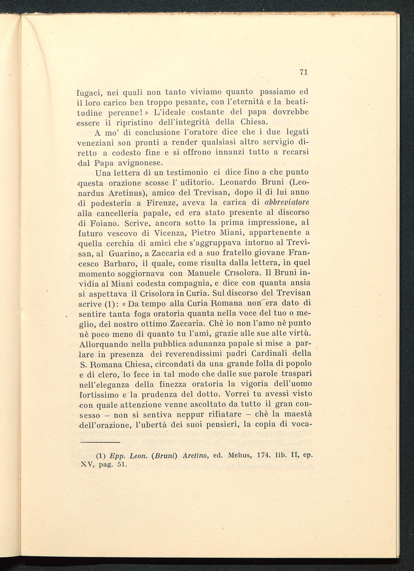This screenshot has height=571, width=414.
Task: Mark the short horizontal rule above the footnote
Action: click(100, 442)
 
